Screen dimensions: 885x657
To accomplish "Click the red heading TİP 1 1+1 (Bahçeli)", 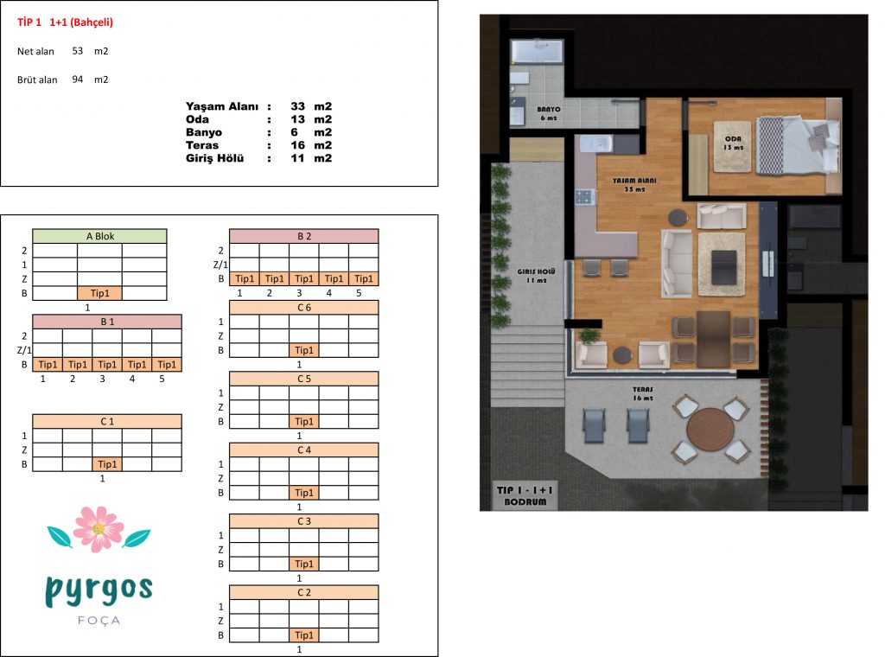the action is point(65,22).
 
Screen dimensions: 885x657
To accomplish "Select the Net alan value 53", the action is point(77,51).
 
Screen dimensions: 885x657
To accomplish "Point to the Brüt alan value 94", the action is point(77,80).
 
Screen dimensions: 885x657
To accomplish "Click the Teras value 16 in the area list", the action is point(297,145).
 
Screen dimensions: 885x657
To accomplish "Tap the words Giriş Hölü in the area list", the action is point(214,158).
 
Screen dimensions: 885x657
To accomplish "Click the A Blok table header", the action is point(100,236).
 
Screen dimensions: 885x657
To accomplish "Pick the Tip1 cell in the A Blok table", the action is point(100,293).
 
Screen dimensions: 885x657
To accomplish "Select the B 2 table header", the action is point(303,236).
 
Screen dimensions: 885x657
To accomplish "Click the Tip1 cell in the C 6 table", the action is point(303,350).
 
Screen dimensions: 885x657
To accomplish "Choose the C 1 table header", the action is point(107,421).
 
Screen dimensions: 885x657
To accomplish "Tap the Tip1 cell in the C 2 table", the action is point(303,635).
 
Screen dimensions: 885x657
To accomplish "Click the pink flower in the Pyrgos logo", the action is point(99,529).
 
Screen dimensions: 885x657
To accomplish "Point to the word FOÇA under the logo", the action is point(99,621).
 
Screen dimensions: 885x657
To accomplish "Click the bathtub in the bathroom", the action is point(537,52).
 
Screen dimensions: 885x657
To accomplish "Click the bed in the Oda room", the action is point(798,145).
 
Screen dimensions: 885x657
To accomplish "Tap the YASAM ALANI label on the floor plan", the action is point(634,181).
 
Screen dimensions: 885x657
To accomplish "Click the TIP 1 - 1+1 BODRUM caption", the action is point(525,495).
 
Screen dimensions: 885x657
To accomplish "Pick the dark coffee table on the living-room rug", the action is point(724,267).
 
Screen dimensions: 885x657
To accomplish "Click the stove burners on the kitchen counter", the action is point(584,197).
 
